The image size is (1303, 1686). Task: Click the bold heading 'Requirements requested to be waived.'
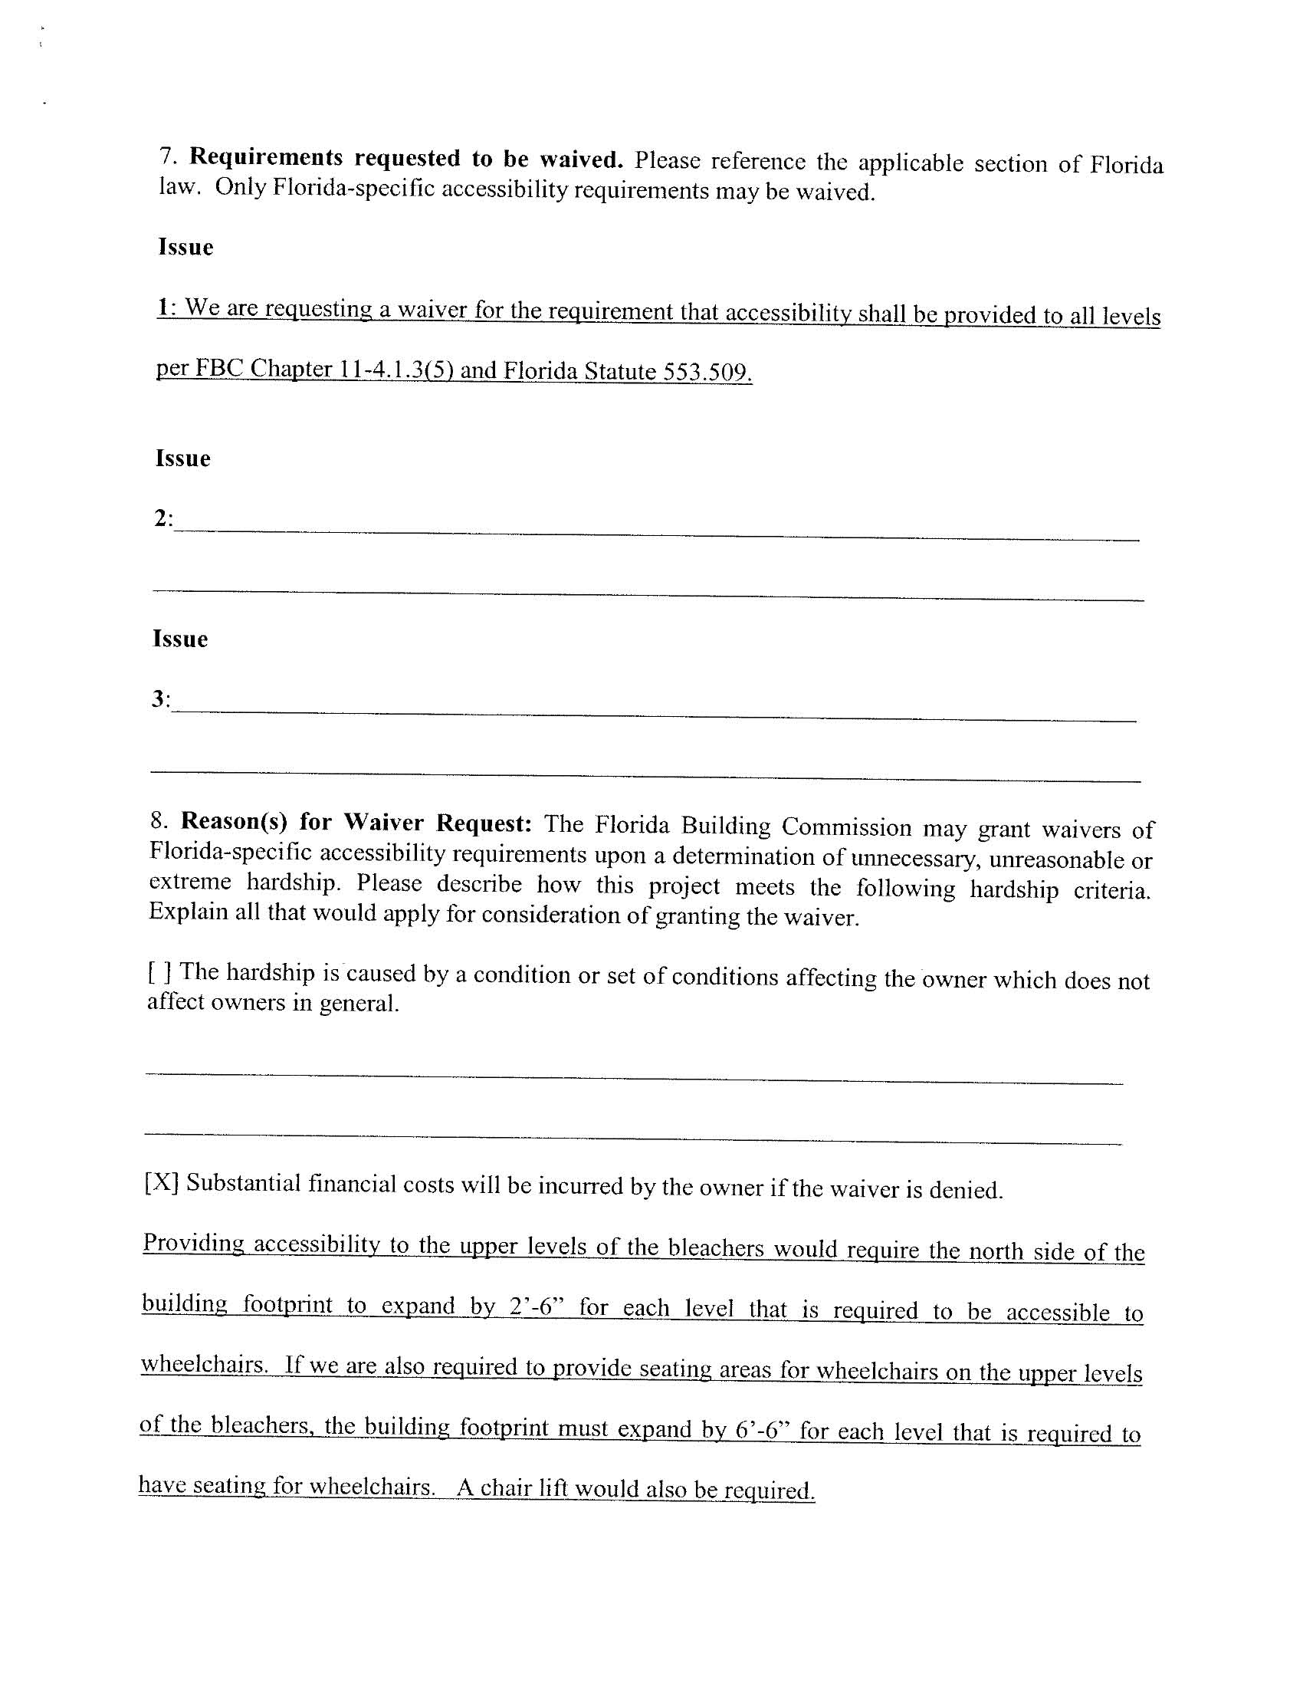(x=406, y=158)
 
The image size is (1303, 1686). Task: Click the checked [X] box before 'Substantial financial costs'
(x=161, y=1183)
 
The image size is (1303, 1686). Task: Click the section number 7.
(x=169, y=156)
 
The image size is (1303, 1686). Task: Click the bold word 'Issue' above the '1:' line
(x=185, y=247)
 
